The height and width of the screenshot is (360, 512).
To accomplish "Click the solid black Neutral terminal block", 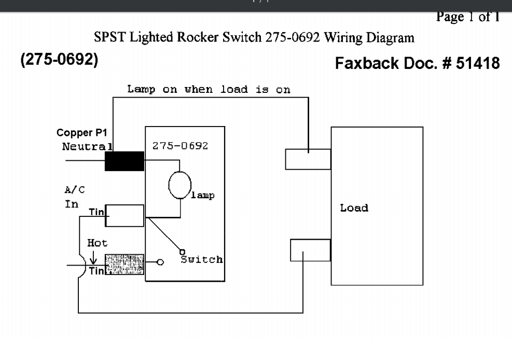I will click(124, 161).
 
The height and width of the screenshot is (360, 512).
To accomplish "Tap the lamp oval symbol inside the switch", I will click(179, 185).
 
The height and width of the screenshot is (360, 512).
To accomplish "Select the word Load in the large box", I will click(354, 208).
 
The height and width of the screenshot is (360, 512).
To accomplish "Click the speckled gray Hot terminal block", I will click(124, 264).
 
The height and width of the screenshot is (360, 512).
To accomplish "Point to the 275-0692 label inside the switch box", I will click(180, 146).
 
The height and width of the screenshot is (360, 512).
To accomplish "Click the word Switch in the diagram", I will click(202, 259).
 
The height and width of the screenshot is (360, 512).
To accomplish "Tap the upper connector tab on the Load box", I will click(308, 159).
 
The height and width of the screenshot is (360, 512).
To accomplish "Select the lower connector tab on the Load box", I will click(310, 250).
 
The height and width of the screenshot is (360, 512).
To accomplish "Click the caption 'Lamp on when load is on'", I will click(209, 89).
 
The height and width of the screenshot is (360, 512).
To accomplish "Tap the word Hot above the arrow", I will click(98, 243).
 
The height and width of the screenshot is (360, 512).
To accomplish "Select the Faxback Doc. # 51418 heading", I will click(417, 64).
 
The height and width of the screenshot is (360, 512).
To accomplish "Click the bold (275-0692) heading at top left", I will click(59, 60).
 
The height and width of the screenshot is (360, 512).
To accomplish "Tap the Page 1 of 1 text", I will click(467, 17).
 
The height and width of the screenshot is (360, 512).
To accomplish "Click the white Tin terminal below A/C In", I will click(124, 215).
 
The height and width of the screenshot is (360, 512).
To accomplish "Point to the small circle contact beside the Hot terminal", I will click(160, 262).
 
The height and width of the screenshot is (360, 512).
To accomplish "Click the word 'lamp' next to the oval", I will click(203, 196).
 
